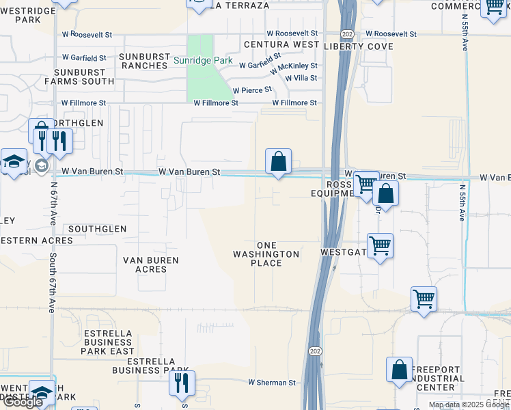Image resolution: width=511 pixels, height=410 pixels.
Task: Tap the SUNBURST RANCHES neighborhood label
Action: pyautogui.click(x=143, y=61)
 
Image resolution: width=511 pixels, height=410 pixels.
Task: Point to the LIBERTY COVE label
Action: pyautogui.click(x=359, y=46)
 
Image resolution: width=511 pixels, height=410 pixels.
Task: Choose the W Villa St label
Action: pyautogui.click(x=301, y=78)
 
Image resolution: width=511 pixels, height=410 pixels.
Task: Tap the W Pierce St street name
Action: pyautogui.click(x=252, y=90)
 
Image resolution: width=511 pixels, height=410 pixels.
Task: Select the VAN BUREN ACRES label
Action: pyautogui.click(x=151, y=264)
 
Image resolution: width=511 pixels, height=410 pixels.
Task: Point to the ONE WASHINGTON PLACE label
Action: pyautogui.click(x=266, y=254)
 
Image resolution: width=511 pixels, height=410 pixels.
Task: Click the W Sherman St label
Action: pyautogui.click(x=271, y=383)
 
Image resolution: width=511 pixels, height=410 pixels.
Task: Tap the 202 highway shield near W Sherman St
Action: pyautogui.click(x=315, y=351)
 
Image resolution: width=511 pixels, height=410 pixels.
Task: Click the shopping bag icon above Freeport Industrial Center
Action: pyautogui.click(x=399, y=370)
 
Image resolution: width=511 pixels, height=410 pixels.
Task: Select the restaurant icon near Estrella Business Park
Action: pyautogui.click(x=182, y=383)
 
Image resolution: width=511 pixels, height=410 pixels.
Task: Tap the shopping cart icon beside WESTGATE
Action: pyautogui.click(x=380, y=245)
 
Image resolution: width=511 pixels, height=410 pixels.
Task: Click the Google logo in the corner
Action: pyautogui.click(x=23, y=402)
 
